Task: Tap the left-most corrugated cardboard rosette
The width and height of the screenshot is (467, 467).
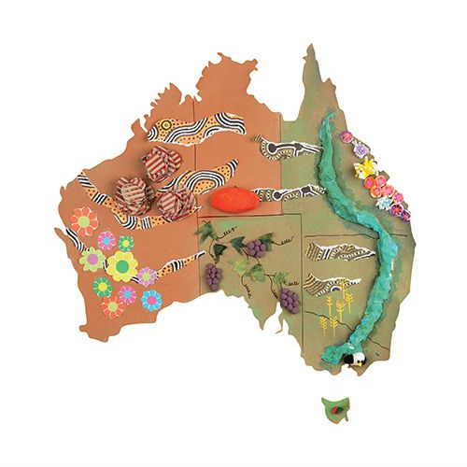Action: pyautogui.click(x=133, y=194)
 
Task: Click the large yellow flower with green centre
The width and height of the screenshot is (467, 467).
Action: pyautogui.click(x=121, y=265)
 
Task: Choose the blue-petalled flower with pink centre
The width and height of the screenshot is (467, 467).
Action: pyautogui.click(x=151, y=301)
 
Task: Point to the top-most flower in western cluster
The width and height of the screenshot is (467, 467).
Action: pyautogui.click(x=85, y=221)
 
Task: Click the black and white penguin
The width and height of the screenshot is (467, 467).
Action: pyautogui.click(x=350, y=360)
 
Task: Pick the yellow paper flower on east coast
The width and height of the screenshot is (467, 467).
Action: pyautogui.click(x=369, y=167)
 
